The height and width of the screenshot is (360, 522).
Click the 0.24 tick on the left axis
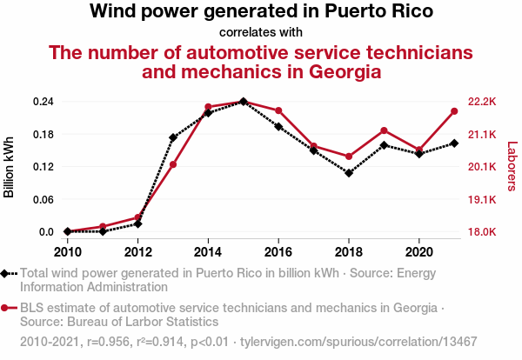43,102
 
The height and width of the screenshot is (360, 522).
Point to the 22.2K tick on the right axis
481,102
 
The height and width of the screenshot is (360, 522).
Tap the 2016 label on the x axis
278,252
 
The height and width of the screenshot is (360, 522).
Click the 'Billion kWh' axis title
10,167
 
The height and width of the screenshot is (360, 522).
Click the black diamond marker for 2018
349,173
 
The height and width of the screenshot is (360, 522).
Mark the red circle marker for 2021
454,111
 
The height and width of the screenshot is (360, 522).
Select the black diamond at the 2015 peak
243,102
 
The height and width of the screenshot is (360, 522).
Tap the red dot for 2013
173,164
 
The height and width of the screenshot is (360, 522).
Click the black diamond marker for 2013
173,137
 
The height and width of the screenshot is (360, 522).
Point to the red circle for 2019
384,130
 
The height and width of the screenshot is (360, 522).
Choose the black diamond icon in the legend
5,273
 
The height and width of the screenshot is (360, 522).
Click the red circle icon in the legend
5,308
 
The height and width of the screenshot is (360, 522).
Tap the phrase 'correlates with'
261,32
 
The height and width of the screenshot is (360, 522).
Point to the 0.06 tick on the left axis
43,199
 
